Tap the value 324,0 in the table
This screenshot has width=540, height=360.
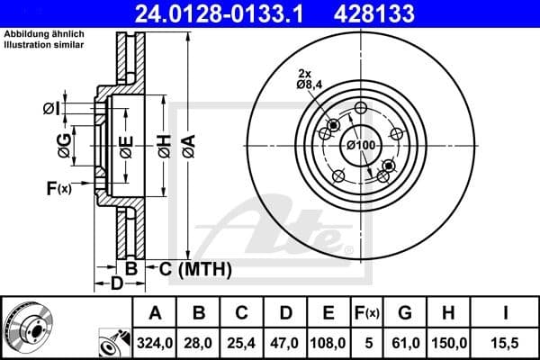(155, 343)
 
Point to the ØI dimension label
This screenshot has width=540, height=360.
(50, 110)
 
